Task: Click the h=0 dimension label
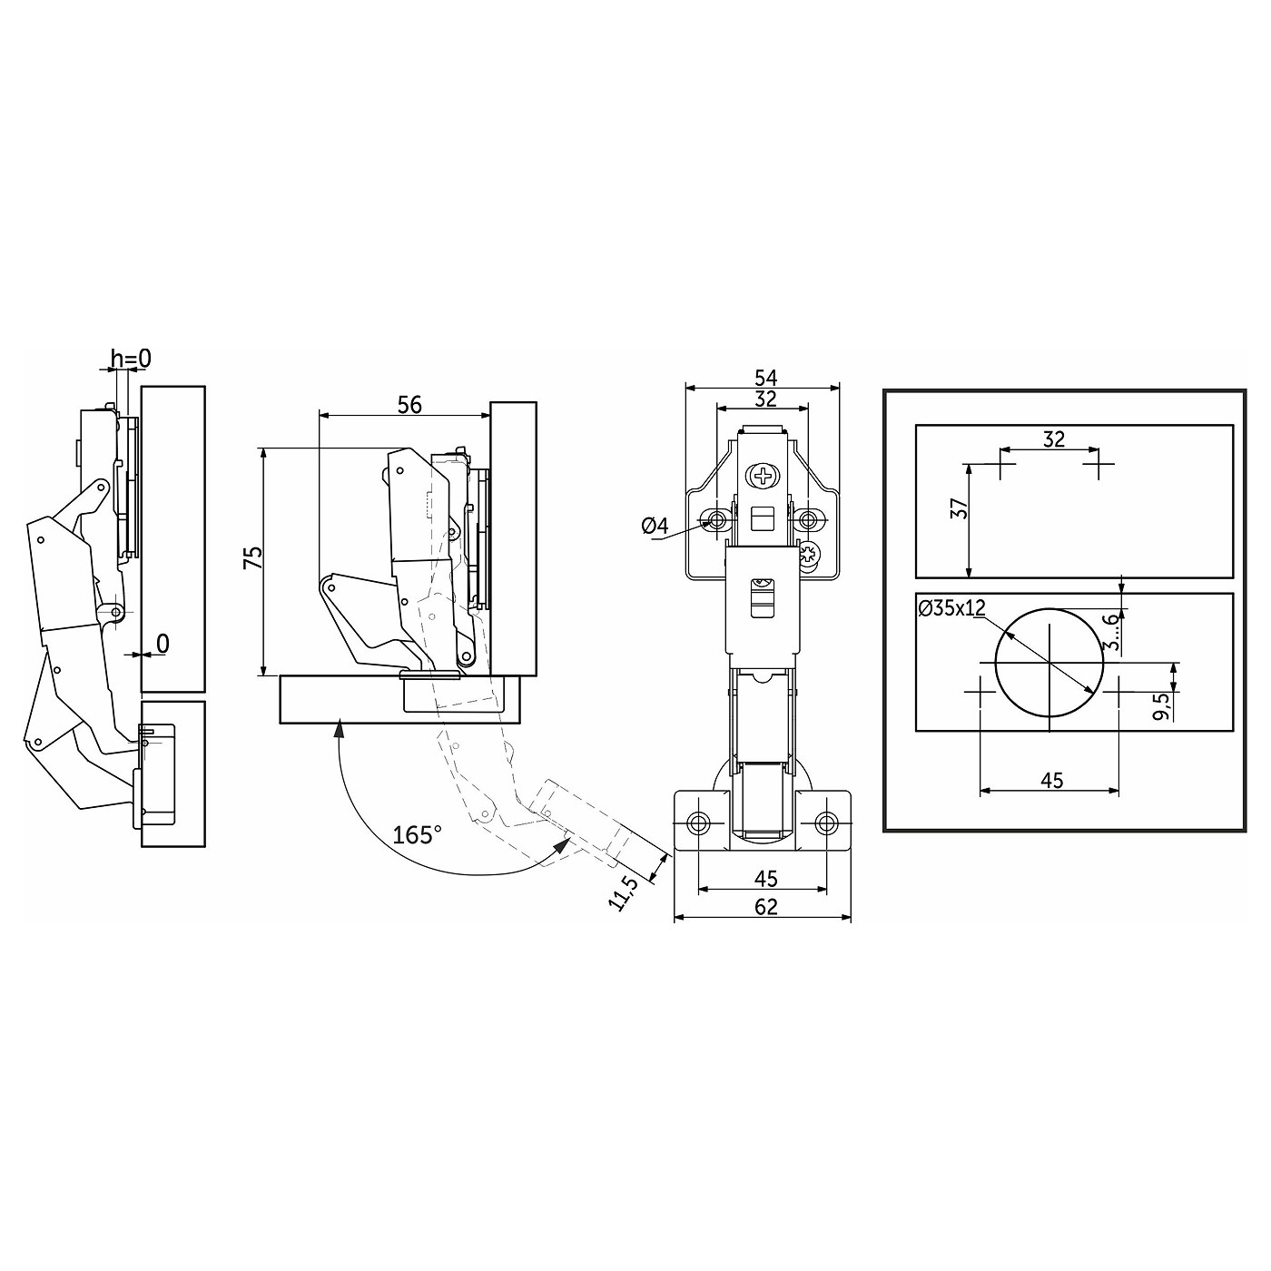131,359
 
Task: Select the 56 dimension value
409,404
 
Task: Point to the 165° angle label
416,834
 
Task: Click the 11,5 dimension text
623,893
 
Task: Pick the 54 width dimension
765,378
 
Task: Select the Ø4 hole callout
655,527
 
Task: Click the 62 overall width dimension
765,907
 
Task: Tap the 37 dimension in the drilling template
959,507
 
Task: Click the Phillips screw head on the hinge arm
764,476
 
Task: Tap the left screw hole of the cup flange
696,823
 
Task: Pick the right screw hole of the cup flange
825,823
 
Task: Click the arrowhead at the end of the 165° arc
562,845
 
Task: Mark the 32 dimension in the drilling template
1054,439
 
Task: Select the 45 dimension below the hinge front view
765,879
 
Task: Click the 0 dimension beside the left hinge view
163,643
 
